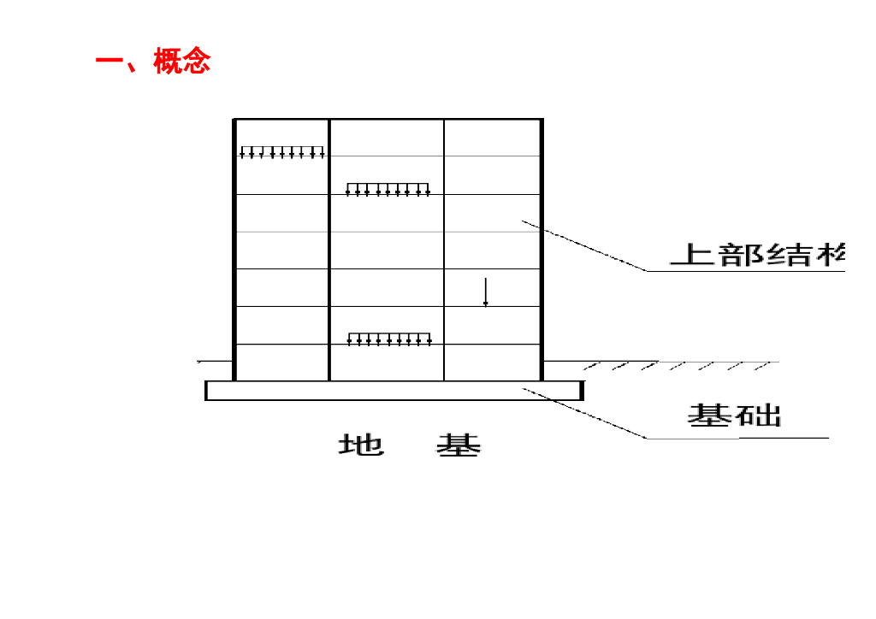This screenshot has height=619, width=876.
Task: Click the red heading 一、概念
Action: point(153,62)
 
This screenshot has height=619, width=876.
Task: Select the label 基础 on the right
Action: point(735,416)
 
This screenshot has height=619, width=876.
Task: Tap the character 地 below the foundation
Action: point(361,445)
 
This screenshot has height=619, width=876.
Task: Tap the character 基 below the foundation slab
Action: point(459,445)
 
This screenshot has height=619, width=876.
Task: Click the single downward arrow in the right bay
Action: point(485,292)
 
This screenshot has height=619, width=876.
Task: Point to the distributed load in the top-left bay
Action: point(281,152)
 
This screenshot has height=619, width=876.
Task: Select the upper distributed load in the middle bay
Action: point(388,189)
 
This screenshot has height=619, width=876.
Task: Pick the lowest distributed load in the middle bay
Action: point(388,339)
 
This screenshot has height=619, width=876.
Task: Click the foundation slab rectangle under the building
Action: point(394,391)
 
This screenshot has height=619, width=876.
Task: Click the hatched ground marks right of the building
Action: point(676,366)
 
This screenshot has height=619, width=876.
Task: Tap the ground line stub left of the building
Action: point(215,362)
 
